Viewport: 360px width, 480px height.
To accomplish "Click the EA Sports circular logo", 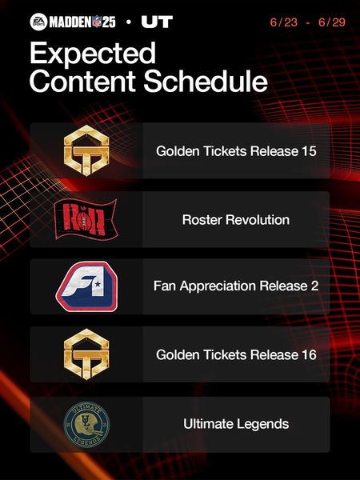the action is (x=38, y=22).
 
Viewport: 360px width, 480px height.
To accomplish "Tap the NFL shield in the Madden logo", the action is (x=97, y=22).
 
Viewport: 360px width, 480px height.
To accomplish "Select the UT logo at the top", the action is (x=157, y=22).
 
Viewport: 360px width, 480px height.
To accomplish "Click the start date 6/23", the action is (x=284, y=22).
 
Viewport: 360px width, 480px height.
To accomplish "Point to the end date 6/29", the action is (x=332, y=22).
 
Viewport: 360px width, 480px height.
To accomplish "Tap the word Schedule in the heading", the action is (x=206, y=81).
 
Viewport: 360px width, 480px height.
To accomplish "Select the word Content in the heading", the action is (x=82, y=82).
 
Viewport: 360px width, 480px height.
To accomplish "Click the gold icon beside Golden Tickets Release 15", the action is (x=86, y=150).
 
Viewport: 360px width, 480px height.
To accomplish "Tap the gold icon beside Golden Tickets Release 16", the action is (x=86, y=354).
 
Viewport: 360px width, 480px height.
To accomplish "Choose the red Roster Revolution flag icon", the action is (x=86, y=219).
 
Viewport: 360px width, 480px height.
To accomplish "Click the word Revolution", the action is (x=258, y=220).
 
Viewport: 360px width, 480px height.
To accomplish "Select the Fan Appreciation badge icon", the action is (x=86, y=286).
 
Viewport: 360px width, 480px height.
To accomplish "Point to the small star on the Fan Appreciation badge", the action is (x=98, y=284).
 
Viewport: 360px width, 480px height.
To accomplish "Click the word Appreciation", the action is (x=218, y=286).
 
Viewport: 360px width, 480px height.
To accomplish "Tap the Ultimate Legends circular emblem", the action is (x=86, y=424).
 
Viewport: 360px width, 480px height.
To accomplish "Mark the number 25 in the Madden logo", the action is (x=109, y=22).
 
